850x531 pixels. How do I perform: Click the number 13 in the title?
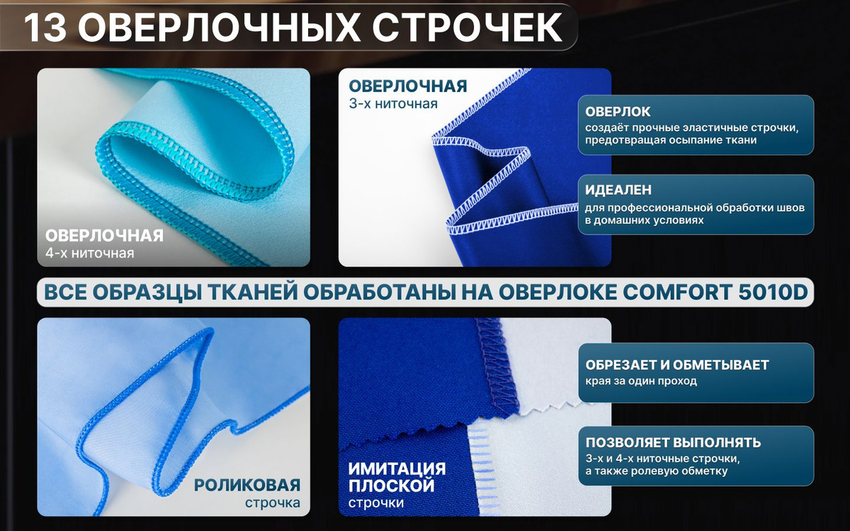[45, 28]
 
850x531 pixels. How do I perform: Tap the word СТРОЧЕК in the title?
[467, 28]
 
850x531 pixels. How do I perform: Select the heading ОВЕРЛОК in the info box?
[618, 112]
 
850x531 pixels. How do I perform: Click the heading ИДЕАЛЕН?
[618, 190]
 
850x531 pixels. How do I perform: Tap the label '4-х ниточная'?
[89, 253]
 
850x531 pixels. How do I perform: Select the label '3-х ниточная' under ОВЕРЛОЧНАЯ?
[393, 103]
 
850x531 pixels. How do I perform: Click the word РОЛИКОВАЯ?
[247, 485]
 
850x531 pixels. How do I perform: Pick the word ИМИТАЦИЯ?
[397, 469]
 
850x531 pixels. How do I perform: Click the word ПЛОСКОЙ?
[391, 486]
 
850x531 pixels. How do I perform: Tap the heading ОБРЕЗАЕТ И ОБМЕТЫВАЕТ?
[677, 365]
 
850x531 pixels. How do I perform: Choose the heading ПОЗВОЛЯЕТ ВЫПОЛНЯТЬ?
[673, 442]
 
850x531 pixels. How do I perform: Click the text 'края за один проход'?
[641, 381]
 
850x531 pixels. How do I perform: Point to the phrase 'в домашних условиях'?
[645, 220]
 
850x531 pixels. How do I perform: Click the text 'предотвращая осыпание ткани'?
[671, 140]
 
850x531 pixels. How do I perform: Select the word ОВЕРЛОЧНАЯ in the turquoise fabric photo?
[104, 236]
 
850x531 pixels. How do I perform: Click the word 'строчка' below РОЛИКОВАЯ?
[273, 503]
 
